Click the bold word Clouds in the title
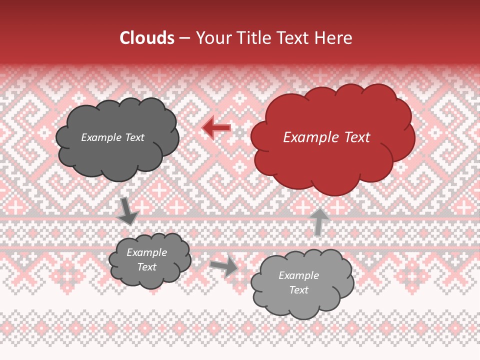coord(147,38)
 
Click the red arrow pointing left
coord(216,128)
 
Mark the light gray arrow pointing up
coord(319,221)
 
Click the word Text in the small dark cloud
coord(146,267)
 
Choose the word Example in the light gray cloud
coord(298,275)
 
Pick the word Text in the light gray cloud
coord(298,290)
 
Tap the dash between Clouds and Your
coord(184,38)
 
